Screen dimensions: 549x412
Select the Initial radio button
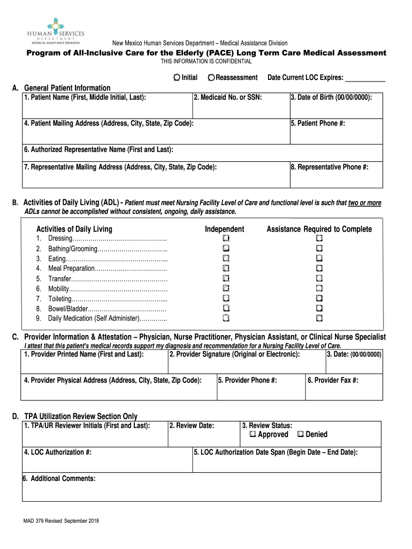pyautogui.click(x=177, y=78)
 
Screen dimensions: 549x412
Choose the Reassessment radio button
pyautogui.click(x=212, y=78)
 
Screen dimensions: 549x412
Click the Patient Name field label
pyautogui.click(x=85, y=98)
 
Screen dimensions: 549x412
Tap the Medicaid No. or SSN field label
pyautogui.click(x=227, y=98)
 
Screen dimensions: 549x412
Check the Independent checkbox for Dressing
pyautogui.click(x=226, y=238)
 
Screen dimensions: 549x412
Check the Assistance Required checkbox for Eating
pyautogui.click(x=319, y=258)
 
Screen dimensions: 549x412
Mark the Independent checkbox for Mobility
pyautogui.click(x=226, y=288)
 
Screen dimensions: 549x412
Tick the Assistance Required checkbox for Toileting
pyautogui.click(x=319, y=298)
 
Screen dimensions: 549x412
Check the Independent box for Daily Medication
pyautogui.click(x=226, y=318)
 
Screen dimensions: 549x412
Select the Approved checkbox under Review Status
pyautogui.click(x=253, y=434)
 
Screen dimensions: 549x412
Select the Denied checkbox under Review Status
pyautogui.click(x=300, y=434)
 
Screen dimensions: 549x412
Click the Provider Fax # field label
pyautogui.click(x=333, y=380)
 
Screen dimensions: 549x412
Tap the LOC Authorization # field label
pyautogui.click(x=57, y=452)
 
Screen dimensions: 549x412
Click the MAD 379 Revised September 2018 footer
pyautogui.click(x=57, y=521)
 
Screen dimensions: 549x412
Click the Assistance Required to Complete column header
pyautogui.click(x=319, y=229)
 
